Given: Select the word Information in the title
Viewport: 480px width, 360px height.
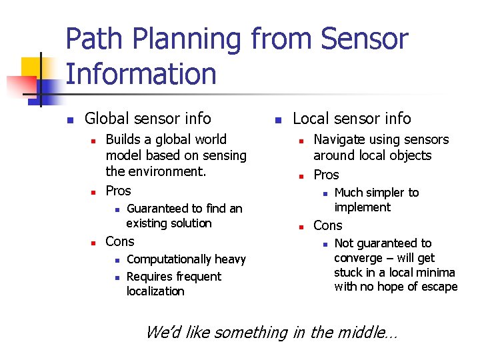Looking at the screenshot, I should coord(141,73).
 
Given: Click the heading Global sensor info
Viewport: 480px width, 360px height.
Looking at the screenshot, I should coord(147,119).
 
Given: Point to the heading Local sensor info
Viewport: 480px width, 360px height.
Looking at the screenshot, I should coord(352,119).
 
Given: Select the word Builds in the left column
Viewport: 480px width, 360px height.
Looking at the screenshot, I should coord(125,139).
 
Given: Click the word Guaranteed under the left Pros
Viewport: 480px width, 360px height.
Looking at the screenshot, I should coord(157,209).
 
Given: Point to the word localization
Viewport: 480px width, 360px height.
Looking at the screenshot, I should coord(155,291).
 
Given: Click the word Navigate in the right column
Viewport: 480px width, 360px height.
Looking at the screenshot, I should coord(339,139).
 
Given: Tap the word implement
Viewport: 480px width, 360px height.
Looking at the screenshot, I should coord(362,207).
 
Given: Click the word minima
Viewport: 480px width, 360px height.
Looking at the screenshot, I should coord(436,272).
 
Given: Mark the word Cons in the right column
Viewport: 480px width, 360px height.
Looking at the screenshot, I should coord(327,225).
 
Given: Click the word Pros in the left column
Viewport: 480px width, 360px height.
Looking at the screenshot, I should coord(119,191).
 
